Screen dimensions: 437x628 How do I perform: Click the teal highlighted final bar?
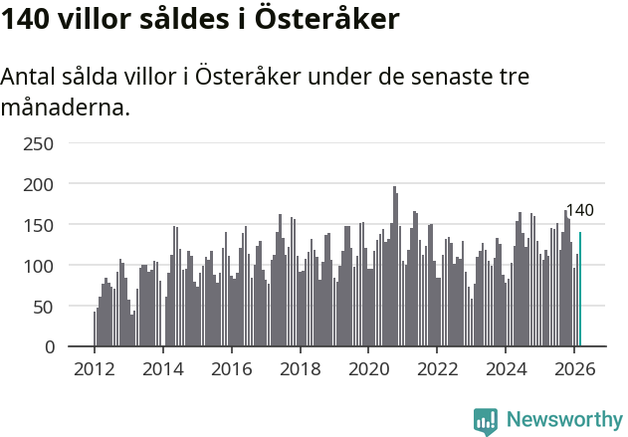tap(580, 290)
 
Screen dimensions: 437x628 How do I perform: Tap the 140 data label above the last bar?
tap(579, 210)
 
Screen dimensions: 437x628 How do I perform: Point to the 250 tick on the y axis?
tap(38, 143)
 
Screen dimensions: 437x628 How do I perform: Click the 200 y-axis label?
tap(38, 184)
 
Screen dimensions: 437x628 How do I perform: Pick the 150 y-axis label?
tap(38, 225)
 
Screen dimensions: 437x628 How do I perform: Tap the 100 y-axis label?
tap(38, 266)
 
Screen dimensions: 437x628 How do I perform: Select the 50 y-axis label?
tap(43, 307)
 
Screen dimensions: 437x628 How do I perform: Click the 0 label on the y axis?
tap(48, 347)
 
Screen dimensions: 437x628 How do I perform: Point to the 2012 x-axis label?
tap(95, 368)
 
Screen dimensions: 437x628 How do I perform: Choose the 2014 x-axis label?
tap(163, 368)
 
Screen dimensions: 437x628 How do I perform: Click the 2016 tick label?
tap(231, 368)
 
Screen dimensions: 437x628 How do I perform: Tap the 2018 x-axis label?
tap(300, 368)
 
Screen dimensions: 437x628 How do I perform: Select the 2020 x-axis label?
tap(368, 368)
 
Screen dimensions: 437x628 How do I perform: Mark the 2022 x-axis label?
tap(437, 368)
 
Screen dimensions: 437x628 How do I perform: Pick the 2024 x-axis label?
tap(506, 368)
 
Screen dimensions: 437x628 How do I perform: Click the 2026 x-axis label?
tap(574, 368)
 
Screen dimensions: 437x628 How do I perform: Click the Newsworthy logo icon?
tap(486, 420)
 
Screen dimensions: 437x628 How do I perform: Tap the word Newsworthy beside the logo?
tap(563, 420)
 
